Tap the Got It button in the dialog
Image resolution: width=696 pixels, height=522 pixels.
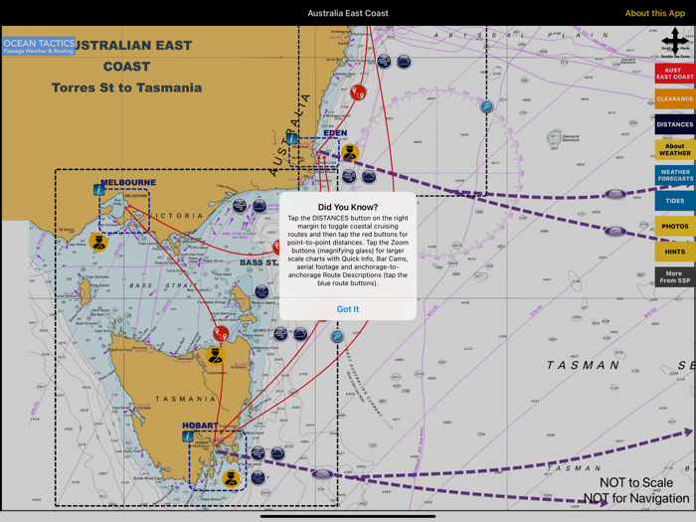[348, 309]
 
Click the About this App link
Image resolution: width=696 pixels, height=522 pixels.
[654, 14]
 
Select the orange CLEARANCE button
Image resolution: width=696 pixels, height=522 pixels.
[674, 99]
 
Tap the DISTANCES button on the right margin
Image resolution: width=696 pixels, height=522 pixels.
[674, 125]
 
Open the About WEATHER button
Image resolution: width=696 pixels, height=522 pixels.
[674, 150]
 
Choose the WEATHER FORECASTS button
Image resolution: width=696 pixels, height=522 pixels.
[674, 175]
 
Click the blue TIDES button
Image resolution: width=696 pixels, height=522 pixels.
[674, 201]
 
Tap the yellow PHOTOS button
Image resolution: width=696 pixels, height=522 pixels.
[674, 226]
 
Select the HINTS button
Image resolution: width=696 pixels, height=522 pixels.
[674, 252]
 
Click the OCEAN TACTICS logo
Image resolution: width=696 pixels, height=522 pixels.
[39, 46]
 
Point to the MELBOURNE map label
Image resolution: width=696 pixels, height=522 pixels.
[128, 183]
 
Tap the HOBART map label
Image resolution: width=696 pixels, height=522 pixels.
[200, 426]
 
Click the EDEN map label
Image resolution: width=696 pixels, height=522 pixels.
[335, 133]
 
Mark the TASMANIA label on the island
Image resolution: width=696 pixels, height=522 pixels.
[185, 399]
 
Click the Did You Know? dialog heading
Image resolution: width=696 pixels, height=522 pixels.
[348, 208]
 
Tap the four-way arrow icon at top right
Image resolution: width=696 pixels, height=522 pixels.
[674, 41]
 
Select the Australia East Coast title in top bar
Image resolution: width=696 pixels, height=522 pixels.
[348, 14]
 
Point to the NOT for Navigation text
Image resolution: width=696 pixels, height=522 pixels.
[636, 498]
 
